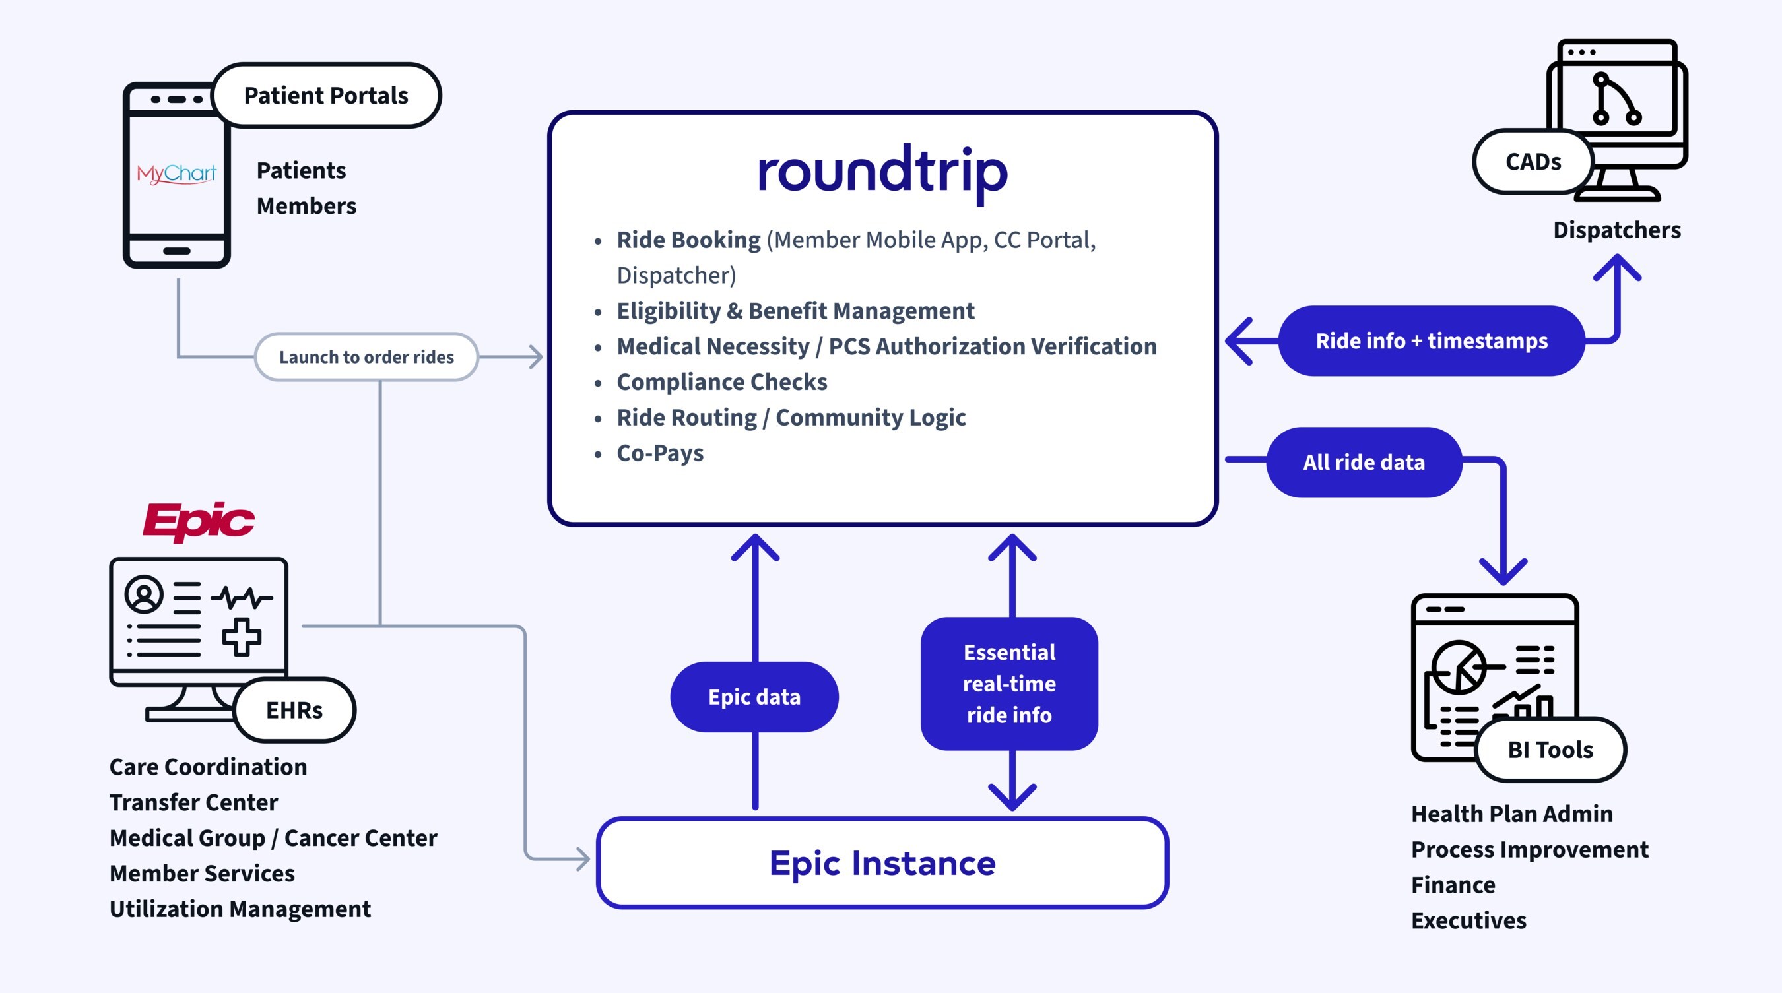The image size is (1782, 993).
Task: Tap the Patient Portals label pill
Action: point(326,96)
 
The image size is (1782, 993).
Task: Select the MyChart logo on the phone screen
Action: point(176,173)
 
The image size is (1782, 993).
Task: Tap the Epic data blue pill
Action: point(754,697)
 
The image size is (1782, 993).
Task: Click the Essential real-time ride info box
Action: point(1008,683)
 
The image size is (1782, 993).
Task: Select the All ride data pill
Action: point(1364,462)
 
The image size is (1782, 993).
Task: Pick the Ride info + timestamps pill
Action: point(1432,341)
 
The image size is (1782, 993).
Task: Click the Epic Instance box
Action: point(882,863)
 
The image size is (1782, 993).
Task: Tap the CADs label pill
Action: point(1533,162)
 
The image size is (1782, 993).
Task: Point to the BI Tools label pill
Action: point(1550,750)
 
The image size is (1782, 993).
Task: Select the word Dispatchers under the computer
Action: point(1616,230)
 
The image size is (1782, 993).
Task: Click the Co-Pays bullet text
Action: point(660,453)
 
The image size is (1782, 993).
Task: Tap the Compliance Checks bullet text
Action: point(721,382)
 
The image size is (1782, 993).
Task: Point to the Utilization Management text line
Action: point(240,909)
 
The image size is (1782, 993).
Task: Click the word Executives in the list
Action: point(1468,920)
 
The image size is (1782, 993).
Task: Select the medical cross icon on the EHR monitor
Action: point(242,636)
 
